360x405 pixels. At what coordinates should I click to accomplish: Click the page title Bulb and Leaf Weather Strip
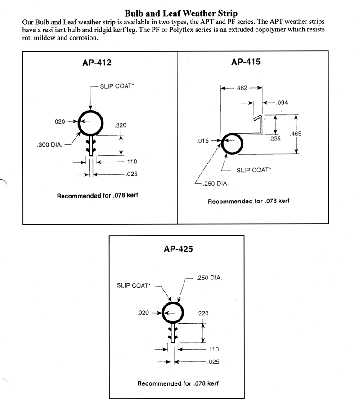pyautogui.click(x=181, y=13)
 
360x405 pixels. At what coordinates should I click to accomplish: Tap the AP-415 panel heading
pyautogui.click(x=246, y=62)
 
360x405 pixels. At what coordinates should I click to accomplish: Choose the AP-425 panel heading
pyautogui.click(x=178, y=248)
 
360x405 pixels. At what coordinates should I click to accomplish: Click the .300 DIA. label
pyautogui.click(x=49, y=145)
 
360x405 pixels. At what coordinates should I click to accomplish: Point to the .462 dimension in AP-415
pyautogui.click(x=242, y=89)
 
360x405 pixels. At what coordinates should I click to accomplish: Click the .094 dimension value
pyautogui.click(x=282, y=103)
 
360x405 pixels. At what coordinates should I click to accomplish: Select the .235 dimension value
pyautogui.click(x=274, y=139)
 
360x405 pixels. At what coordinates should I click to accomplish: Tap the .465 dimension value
pyautogui.click(x=296, y=134)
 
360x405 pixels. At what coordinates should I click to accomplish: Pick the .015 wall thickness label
pyautogui.click(x=203, y=141)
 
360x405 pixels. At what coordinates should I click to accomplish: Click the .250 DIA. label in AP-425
pyautogui.click(x=209, y=278)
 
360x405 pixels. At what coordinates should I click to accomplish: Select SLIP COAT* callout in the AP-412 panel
pyautogui.click(x=117, y=86)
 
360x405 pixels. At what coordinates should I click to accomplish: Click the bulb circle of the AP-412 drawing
pyautogui.click(x=91, y=123)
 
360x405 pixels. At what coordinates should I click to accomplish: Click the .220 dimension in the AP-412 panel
pyautogui.click(x=121, y=126)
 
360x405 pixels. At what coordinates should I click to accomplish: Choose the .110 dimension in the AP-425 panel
pyautogui.click(x=214, y=349)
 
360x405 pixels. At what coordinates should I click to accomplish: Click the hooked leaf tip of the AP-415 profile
pyautogui.click(x=257, y=119)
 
